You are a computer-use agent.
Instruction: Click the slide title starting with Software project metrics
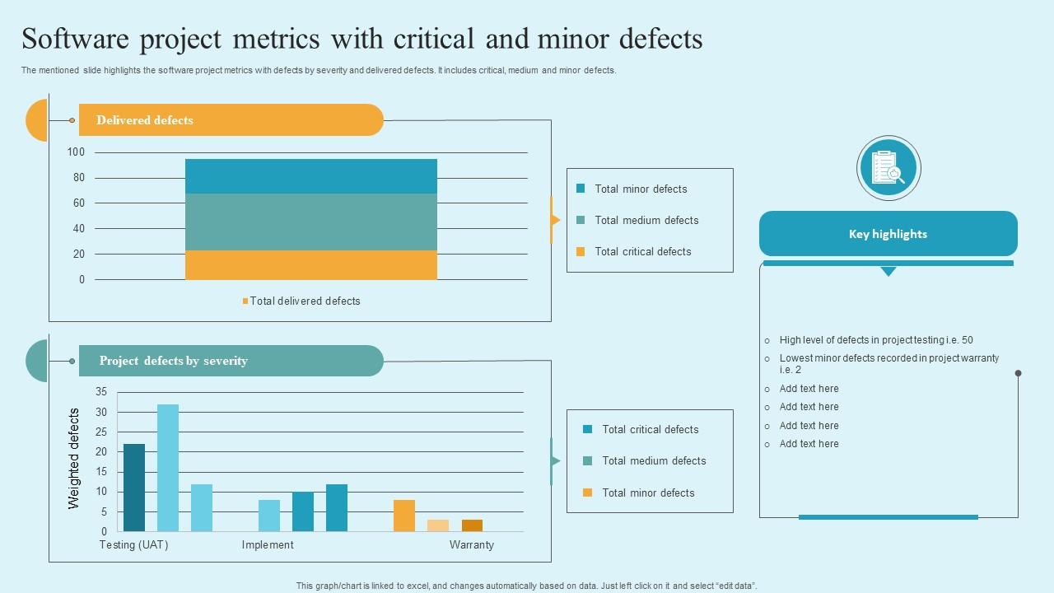point(362,40)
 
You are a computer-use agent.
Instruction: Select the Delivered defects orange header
point(231,120)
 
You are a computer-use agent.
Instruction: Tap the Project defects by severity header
point(231,361)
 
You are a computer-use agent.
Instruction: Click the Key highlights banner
point(888,234)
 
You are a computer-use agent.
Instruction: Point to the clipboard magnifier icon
point(888,168)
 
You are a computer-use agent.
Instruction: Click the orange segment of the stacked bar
point(311,265)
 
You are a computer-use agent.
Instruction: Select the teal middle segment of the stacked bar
point(311,222)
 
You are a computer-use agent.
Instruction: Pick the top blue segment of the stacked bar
point(311,176)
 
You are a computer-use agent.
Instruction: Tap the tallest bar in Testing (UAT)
point(168,468)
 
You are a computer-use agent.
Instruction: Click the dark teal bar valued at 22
point(134,488)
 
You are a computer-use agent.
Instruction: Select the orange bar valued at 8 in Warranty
point(404,516)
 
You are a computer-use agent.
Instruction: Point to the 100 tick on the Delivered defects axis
point(76,152)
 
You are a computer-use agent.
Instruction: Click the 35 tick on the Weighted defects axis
point(101,392)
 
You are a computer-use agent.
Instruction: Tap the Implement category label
point(268,545)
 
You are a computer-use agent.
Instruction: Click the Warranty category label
point(472,545)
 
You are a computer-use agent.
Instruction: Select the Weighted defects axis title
point(74,458)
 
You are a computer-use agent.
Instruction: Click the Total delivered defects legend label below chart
point(305,301)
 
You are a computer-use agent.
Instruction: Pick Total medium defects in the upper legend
point(646,221)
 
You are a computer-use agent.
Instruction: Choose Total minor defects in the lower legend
point(648,493)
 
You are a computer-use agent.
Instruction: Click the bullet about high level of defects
point(876,340)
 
